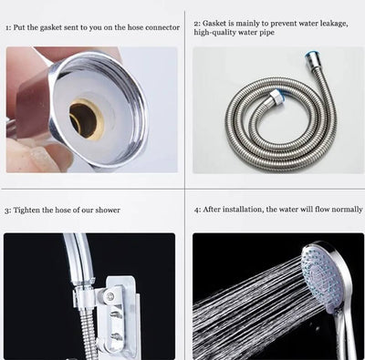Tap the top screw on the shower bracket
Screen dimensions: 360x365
[x=111, y=294]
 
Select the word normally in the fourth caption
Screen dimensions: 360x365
[x=345, y=209]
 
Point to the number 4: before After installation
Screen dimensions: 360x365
[x=197, y=209]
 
